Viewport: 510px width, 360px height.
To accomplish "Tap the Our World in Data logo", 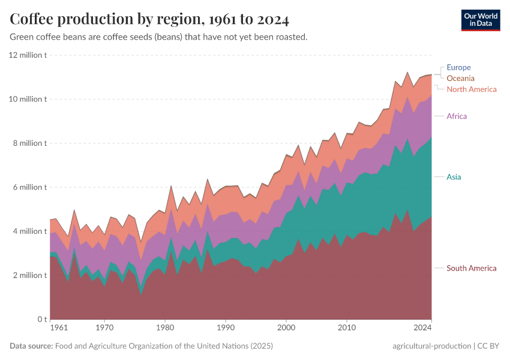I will [x=481, y=20].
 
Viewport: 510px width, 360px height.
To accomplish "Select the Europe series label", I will [x=458, y=67].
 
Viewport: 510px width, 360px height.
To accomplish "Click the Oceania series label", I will [x=460, y=78].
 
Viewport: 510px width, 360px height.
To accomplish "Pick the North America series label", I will [x=472, y=89].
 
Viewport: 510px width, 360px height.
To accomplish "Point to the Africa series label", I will [x=457, y=116].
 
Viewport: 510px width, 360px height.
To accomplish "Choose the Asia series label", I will [x=454, y=177].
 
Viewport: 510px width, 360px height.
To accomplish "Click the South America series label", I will [x=472, y=268].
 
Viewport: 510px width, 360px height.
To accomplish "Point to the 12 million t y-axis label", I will [x=28, y=55].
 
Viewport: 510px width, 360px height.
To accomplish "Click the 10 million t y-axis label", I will [x=28, y=99].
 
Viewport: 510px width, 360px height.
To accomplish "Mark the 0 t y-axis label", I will [x=41, y=319].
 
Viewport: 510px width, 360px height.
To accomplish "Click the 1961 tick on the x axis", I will [x=58, y=328].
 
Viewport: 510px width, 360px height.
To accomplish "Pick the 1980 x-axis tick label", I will [x=165, y=328].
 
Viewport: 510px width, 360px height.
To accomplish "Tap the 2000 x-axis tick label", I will [x=286, y=328].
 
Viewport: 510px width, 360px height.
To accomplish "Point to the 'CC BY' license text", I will [x=488, y=346].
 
